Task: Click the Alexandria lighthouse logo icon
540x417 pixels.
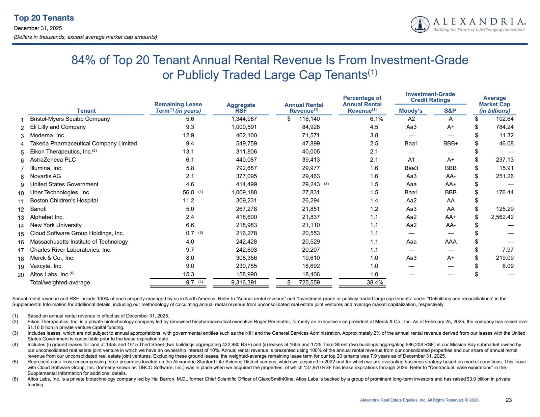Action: [x=420, y=25]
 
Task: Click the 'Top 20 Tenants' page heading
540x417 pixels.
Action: [x=44, y=18]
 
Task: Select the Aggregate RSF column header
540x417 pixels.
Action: [x=241, y=108]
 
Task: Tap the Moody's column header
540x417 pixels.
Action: [x=410, y=111]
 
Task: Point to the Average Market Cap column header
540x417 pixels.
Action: [x=494, y=104]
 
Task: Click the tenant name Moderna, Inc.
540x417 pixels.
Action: [x=48, y=135]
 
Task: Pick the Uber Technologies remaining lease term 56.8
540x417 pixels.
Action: [x=188, y=192]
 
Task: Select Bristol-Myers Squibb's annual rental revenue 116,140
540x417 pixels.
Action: [x=309, y=119]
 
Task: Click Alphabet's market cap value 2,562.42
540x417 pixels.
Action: [x=502, y=217]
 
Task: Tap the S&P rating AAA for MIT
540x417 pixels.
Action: [x=451, y=242]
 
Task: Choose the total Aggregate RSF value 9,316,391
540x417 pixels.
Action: [x=244, y=282]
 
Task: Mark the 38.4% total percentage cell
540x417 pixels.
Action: [x=375, y=282]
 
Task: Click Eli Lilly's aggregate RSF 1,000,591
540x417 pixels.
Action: [x=244, y=127]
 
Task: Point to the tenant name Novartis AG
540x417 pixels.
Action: [x=46, y=176]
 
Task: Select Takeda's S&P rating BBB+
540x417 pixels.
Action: [x=451, y=143]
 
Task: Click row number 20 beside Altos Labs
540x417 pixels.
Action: [x=21, y=275]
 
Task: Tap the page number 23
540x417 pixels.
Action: [x=509, y=400]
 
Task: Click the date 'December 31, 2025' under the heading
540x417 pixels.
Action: [x=38, y=28]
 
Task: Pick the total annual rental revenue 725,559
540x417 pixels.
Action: [x=309, y=282]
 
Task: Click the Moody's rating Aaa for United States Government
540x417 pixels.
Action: [x=411, y=184]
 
